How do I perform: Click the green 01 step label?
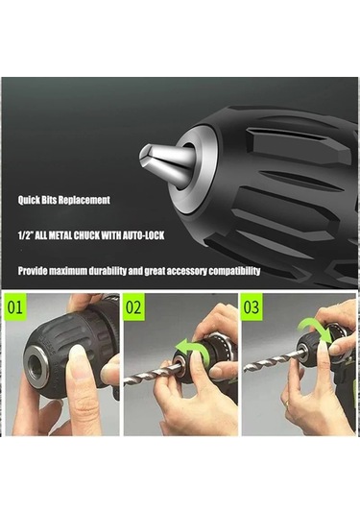coord(15,306)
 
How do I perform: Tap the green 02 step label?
coord(133,307)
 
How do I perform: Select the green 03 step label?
coord(252,307)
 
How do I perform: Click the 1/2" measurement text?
coord(25,235)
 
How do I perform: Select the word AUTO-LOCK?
coord(143,235)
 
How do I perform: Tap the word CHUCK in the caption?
coord(86,235)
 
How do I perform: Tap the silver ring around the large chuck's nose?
coord(192,169)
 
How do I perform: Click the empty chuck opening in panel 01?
coord(36,364)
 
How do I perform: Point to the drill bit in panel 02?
coord(152,374)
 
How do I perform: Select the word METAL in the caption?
coord(60,235)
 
